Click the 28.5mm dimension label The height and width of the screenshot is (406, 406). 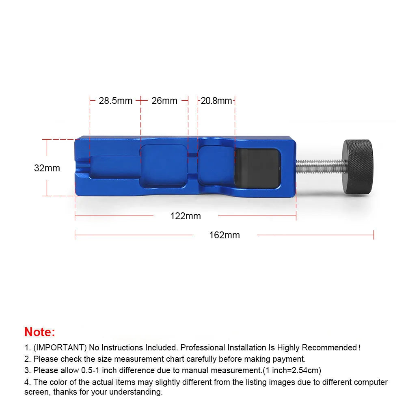(x=116, y=101)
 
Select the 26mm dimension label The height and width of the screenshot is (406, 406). (x=164, y=101)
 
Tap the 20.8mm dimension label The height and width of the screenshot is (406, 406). (x=216, y=101)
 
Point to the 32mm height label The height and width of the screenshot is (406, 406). (x=47, y=168)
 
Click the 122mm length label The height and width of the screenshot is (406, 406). (x=186, y=216)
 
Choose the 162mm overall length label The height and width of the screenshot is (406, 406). (x=225, y=235)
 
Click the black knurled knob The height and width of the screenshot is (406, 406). (x=358, y=167)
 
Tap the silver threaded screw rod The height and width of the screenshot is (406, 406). (x=321, y=166)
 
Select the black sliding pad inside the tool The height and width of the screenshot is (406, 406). (x=257, y=167)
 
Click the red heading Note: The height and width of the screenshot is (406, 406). (x=40, y=332)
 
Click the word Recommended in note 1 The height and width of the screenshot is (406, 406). (x=330, y=348)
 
